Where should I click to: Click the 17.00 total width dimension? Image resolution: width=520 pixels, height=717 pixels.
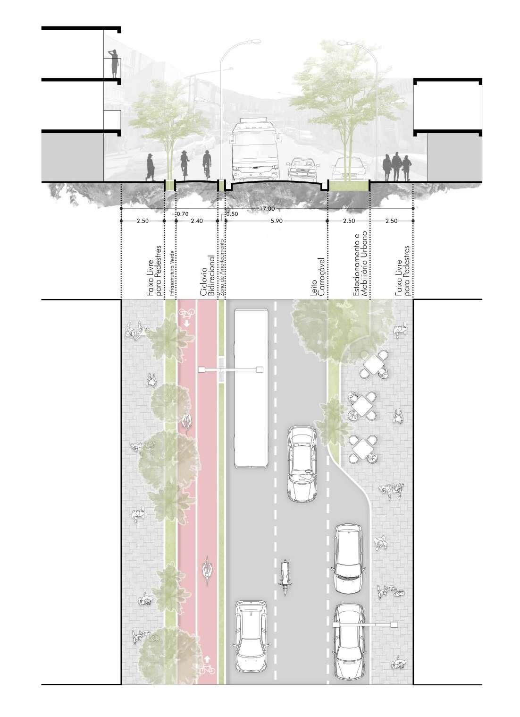click(267, 208)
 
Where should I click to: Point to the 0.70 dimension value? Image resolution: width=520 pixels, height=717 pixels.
click(182, 214)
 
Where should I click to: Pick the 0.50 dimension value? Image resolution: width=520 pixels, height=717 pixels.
click(232, 214)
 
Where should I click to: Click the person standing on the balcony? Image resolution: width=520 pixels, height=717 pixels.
click(114, 64)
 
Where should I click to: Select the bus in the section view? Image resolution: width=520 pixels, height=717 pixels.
click(253, 150)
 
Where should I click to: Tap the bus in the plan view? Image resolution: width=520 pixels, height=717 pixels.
click(251, 388)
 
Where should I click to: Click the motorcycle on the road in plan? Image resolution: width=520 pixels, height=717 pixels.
click(285, 576)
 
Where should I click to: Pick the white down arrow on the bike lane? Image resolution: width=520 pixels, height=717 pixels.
click(187, 324)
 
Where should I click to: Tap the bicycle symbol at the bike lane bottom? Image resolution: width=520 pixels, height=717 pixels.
click(207, 669)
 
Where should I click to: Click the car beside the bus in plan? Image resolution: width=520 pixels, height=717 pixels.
click(302, 463)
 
